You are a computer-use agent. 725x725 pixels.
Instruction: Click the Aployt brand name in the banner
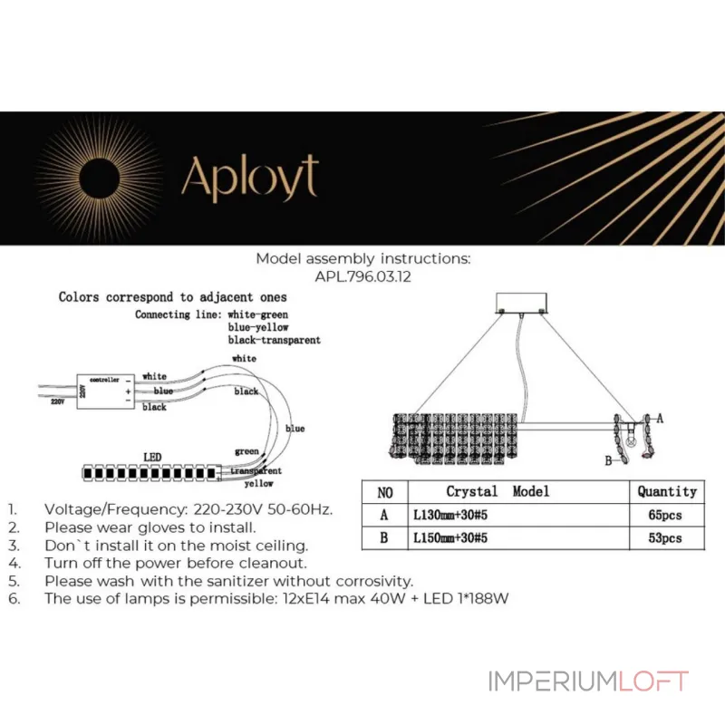coord(250,179)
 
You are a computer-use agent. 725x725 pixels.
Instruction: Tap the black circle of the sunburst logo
coord(100,179)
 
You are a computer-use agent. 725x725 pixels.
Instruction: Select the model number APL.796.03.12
coord(363,276)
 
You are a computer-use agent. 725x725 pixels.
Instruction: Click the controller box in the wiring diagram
coord(105,391)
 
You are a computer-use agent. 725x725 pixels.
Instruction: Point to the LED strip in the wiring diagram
coord(151,473)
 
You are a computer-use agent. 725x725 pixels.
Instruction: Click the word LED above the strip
coord(152,458)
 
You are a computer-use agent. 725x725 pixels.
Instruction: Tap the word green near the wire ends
coord(246,451)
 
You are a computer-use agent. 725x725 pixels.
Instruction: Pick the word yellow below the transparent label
coord(258,484)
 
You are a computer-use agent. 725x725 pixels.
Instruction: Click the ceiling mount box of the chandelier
coord(521,303)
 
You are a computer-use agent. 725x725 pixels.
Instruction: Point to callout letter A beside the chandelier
coord(660,419)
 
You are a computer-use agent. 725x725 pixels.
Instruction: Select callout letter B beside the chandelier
coord(608,460)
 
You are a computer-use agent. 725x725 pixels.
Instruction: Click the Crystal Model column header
coord(498,491)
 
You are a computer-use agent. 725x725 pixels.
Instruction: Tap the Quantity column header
coord(667,491)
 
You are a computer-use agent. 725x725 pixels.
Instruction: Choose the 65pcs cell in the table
coord(665,515)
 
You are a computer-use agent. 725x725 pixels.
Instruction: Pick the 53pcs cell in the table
coord(665,538)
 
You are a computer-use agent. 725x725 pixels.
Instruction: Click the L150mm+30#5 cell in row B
coord(450,537)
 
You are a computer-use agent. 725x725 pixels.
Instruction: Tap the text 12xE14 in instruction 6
coord(306,599)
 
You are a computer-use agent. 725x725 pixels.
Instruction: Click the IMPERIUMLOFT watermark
coord(588,681)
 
